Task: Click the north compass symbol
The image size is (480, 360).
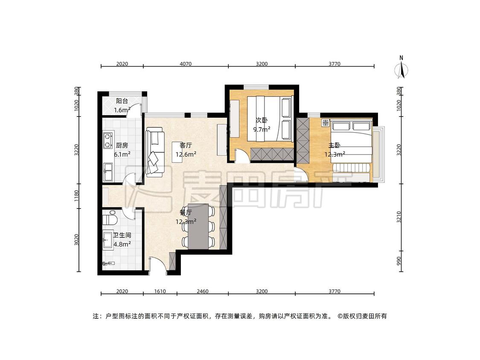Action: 401,68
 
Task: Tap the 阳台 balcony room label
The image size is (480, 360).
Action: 122,101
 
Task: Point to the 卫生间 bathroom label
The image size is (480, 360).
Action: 122,235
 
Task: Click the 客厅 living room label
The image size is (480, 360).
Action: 186,145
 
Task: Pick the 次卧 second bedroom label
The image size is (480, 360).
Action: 262,120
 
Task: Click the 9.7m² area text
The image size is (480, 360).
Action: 262,130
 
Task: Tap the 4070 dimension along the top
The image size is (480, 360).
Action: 186,64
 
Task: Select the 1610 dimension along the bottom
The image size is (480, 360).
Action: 160,291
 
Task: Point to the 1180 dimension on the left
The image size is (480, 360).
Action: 76,196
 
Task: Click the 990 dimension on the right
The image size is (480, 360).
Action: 399,261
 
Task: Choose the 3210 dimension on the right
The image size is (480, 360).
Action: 399,217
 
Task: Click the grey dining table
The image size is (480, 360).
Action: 198,226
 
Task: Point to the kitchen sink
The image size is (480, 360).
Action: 108,172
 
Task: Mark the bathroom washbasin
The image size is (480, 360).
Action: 108,240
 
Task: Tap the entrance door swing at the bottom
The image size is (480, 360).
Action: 157,265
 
